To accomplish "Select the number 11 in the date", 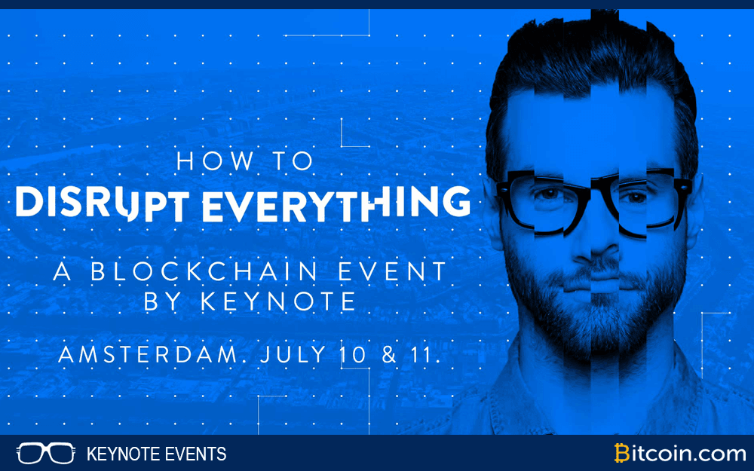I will (424, 354).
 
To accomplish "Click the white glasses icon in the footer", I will (45, 454).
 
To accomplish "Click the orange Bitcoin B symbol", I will (623, 454).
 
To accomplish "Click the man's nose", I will (596, 241).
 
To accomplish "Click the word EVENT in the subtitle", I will (403, 271).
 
